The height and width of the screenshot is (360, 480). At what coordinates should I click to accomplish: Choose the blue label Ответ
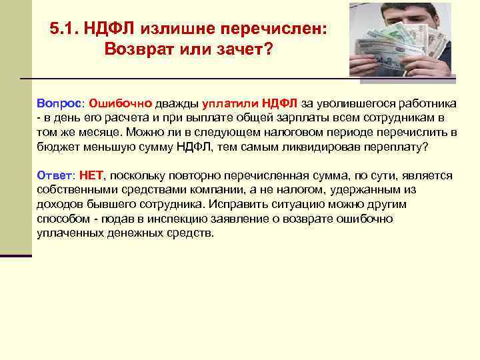[55, 175]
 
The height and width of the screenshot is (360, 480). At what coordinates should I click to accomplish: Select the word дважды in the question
[173, 103]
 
